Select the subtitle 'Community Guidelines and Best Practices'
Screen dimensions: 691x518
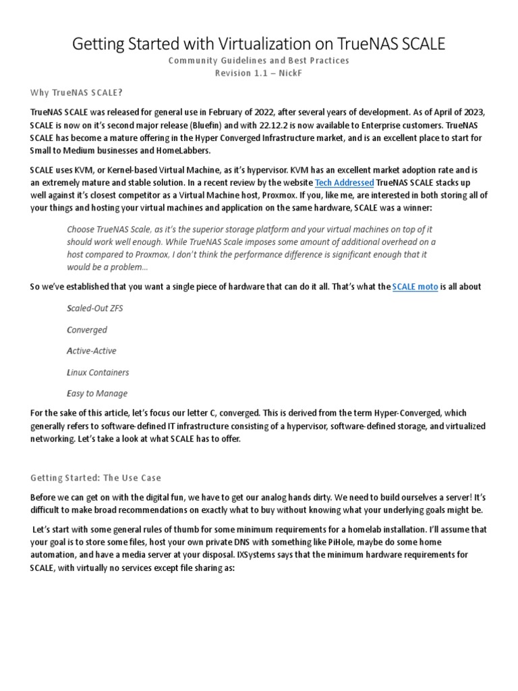point(259,61)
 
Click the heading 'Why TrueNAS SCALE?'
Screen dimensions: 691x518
point(77,92)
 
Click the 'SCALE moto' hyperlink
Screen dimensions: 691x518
point(415,287)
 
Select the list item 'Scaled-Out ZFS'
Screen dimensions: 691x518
point(94,308)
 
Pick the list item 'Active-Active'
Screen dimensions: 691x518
point(91,351)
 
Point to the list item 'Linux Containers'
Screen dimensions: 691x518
point(97,372)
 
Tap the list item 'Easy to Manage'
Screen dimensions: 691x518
point(96,393)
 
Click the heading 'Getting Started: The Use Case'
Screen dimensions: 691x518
point(96,478)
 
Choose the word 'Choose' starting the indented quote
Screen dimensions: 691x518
point(82,229)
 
